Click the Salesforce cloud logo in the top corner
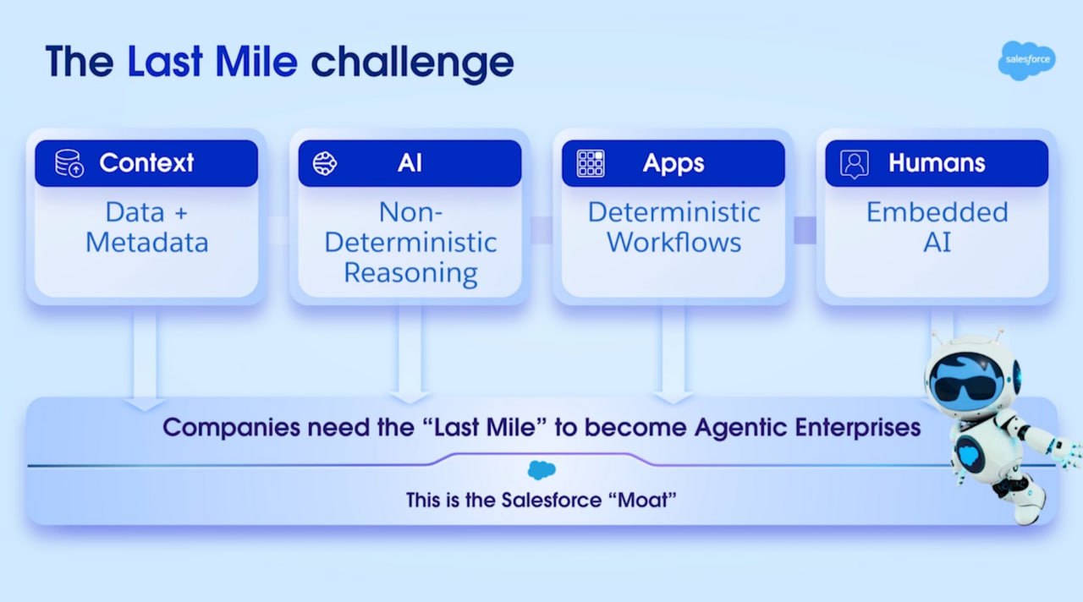pos(1026,61)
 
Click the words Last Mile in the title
pos(212,62)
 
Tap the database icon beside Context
pos(69,163)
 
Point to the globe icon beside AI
pos(325,163)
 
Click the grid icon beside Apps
pos(590,163)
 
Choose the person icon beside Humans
pos(854,163)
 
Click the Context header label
pos(146,163)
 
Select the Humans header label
pos(937,163)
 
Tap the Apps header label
pos(673,163)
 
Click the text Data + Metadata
pos(146,227)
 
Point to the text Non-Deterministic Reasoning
pos(410,243)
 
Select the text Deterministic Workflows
pos(673,227)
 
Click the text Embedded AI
pos(937,227)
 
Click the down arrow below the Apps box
pos(673,355)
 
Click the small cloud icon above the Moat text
pos(541,470)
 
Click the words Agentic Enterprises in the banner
pos(807,427)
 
